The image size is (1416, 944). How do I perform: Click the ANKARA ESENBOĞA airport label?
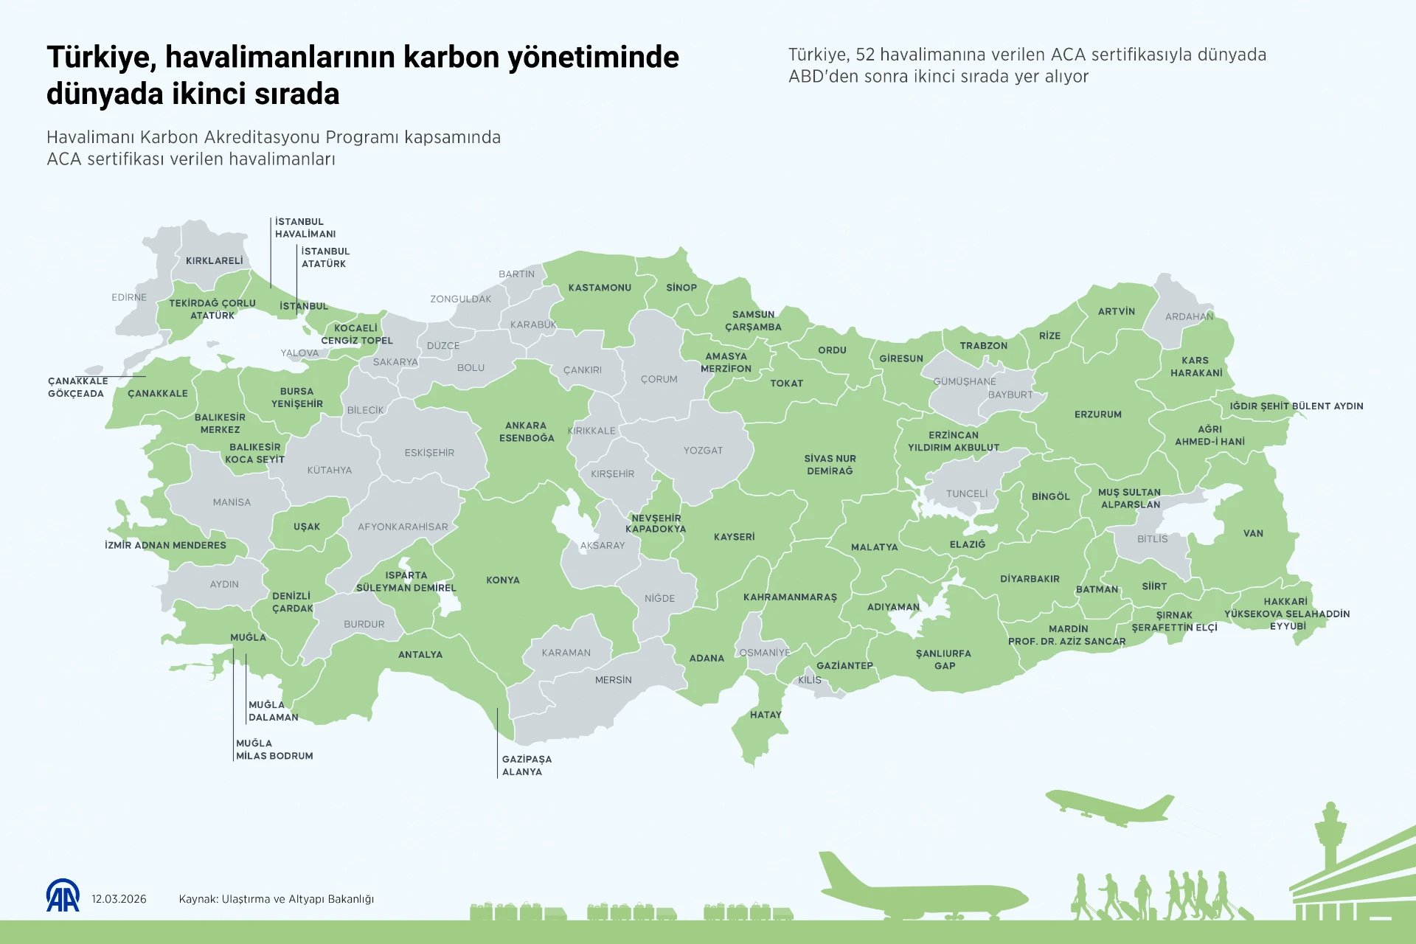point(526,431)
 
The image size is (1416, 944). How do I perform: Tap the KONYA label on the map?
point(503,580)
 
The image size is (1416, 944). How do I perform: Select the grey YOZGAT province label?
point(703,450)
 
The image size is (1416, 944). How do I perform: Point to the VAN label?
point(1253,533)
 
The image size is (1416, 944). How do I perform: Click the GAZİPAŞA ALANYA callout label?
point(527,766)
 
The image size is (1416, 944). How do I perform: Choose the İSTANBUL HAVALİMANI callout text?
point(305,228)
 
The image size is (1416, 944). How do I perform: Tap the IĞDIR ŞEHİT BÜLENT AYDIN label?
point(1296,406)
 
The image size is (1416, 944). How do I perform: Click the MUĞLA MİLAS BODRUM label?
point(274,749)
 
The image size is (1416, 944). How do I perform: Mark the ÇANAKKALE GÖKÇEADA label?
point(77,387)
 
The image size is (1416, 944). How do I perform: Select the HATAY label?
point(766,715)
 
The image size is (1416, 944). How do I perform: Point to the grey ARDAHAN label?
point(1189,316)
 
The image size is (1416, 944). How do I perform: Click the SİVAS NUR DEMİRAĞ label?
point(830,465)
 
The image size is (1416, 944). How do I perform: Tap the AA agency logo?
point(63,896)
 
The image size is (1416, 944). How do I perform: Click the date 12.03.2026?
point(119,899)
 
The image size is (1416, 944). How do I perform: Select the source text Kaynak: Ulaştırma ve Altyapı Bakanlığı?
point(276,899)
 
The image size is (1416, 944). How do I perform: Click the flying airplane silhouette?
point(1108,808)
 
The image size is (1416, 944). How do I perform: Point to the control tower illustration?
point(1330,837)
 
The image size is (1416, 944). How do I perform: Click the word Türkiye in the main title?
point(100,58)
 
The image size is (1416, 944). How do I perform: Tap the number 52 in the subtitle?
point(865,55)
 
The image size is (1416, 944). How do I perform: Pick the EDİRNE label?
point(129,297)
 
